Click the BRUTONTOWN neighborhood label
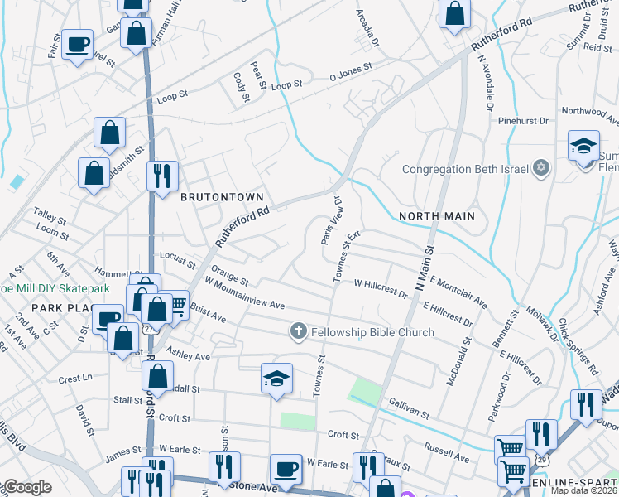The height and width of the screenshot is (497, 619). pos(222,197)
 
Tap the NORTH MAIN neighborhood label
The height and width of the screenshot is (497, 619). pos(436,216)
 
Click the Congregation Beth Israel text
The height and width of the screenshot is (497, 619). pos(466,170)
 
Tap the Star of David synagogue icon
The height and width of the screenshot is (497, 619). pos(541,169)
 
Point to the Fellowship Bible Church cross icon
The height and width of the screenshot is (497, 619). pos(300,332)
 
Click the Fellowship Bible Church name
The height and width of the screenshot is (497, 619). pos(372,333)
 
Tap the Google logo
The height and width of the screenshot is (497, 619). pos(26,488)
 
